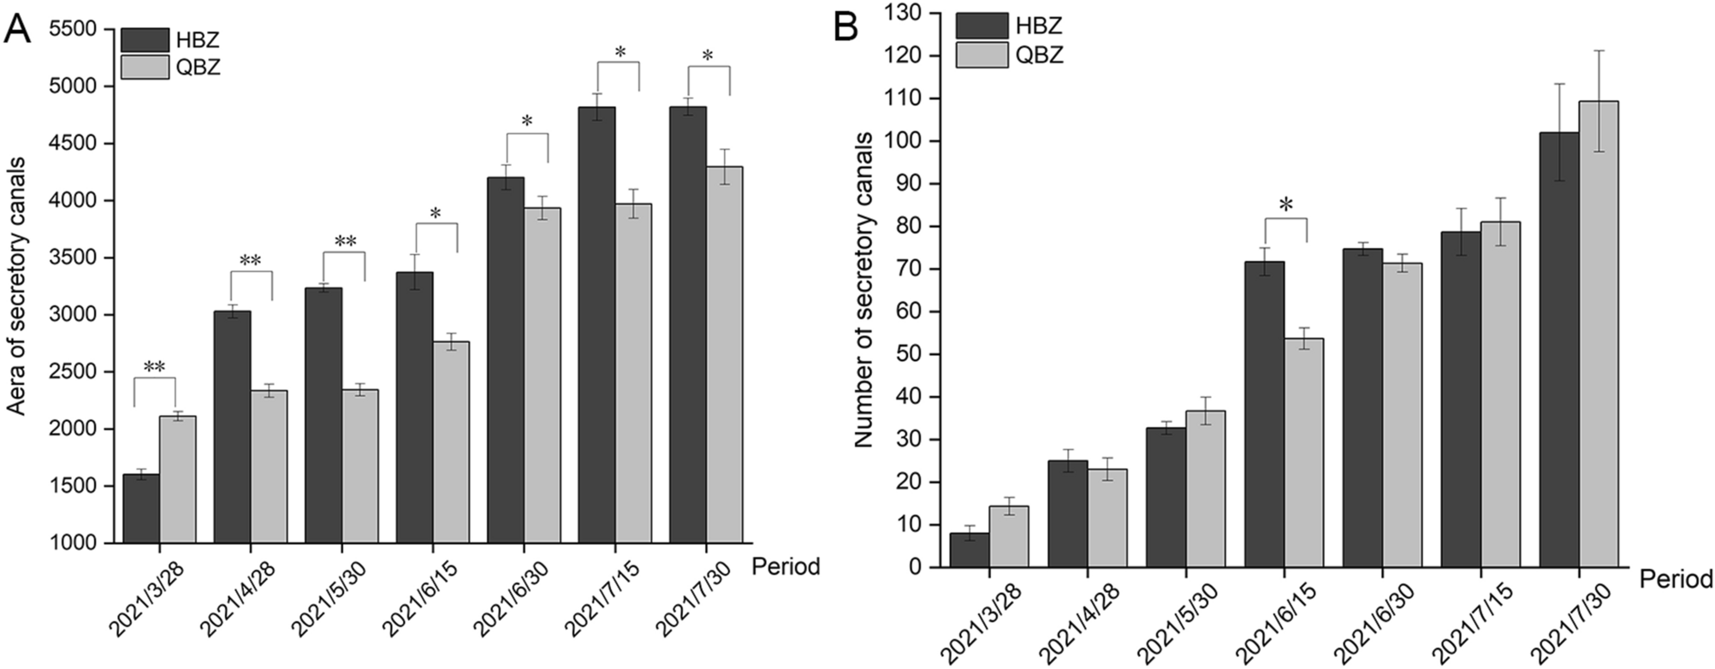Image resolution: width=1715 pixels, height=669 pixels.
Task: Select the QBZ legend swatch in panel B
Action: coord(981,55)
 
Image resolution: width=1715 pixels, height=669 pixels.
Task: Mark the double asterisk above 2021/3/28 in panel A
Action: coord(154,367)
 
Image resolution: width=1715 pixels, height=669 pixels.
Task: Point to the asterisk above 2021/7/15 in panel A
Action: coord(620,54)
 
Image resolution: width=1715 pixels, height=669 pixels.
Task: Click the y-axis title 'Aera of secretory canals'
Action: coord(16,287)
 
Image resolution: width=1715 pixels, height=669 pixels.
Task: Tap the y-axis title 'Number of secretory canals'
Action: coord(864,289)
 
